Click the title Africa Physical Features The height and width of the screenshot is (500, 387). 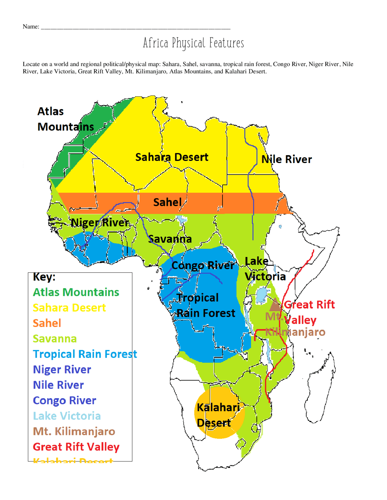[x=193, y=43]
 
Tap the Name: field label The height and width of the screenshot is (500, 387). [x=31, y=27]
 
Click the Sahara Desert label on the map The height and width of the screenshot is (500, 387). [x=171, y=157]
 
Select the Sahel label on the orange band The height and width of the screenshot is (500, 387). [x=167, y=202]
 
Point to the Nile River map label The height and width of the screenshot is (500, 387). [x=286, y=159]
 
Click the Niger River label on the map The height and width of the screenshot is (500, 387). [x=100, y=223]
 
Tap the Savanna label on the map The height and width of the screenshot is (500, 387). [x=170, y=239]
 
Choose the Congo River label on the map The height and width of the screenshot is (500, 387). [x=203, y=265]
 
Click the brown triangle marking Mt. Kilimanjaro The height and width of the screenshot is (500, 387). [x=275, y=305]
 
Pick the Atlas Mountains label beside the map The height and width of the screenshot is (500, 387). [x=65, y=119]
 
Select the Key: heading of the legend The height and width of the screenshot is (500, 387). [x=44, y=277]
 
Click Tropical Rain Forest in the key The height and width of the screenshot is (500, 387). [x=85, y=354]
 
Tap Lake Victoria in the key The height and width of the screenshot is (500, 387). [x=67, y=416]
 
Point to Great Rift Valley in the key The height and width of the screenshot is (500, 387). [x=76, y=447]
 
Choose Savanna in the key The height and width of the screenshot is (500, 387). [x=54, y=339]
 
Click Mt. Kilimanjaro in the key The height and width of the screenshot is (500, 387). [x=74, y=431]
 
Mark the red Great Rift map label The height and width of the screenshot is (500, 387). [x=309, y=305]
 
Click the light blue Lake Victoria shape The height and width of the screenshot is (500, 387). [x=262, y=295]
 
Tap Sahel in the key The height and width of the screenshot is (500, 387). [x=47, y=323]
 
